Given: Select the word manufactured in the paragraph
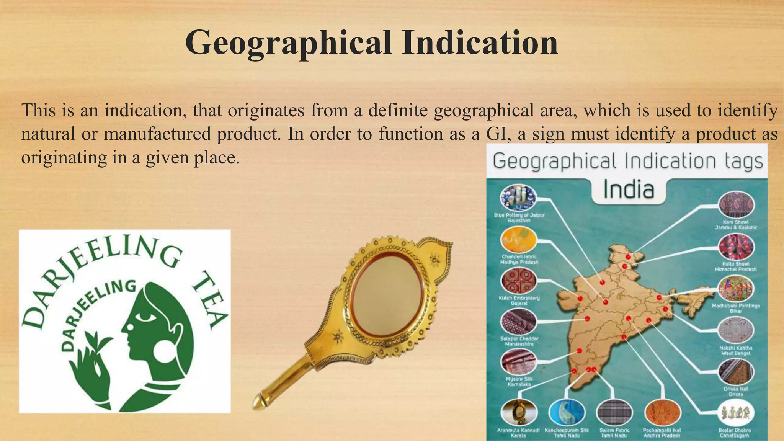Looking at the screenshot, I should (x=157, y=134).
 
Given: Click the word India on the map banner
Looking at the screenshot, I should (x=629, y=190).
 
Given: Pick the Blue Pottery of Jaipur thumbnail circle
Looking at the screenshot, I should (x=518, y=198).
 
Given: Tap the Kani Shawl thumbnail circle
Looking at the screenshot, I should (x=736, y=205).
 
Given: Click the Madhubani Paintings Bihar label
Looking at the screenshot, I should (x=736, y=309).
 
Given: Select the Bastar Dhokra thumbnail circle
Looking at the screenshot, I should (x=736, y=413).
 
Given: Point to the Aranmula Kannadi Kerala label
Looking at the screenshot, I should (x=518, y=433).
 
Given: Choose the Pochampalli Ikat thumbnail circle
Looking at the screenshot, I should (x=662, y=413).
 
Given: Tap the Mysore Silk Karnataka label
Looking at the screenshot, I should (x=519, y=382).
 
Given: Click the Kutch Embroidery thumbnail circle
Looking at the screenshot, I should (x=518, y=281).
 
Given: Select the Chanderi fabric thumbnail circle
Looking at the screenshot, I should (x=518, y=240).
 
